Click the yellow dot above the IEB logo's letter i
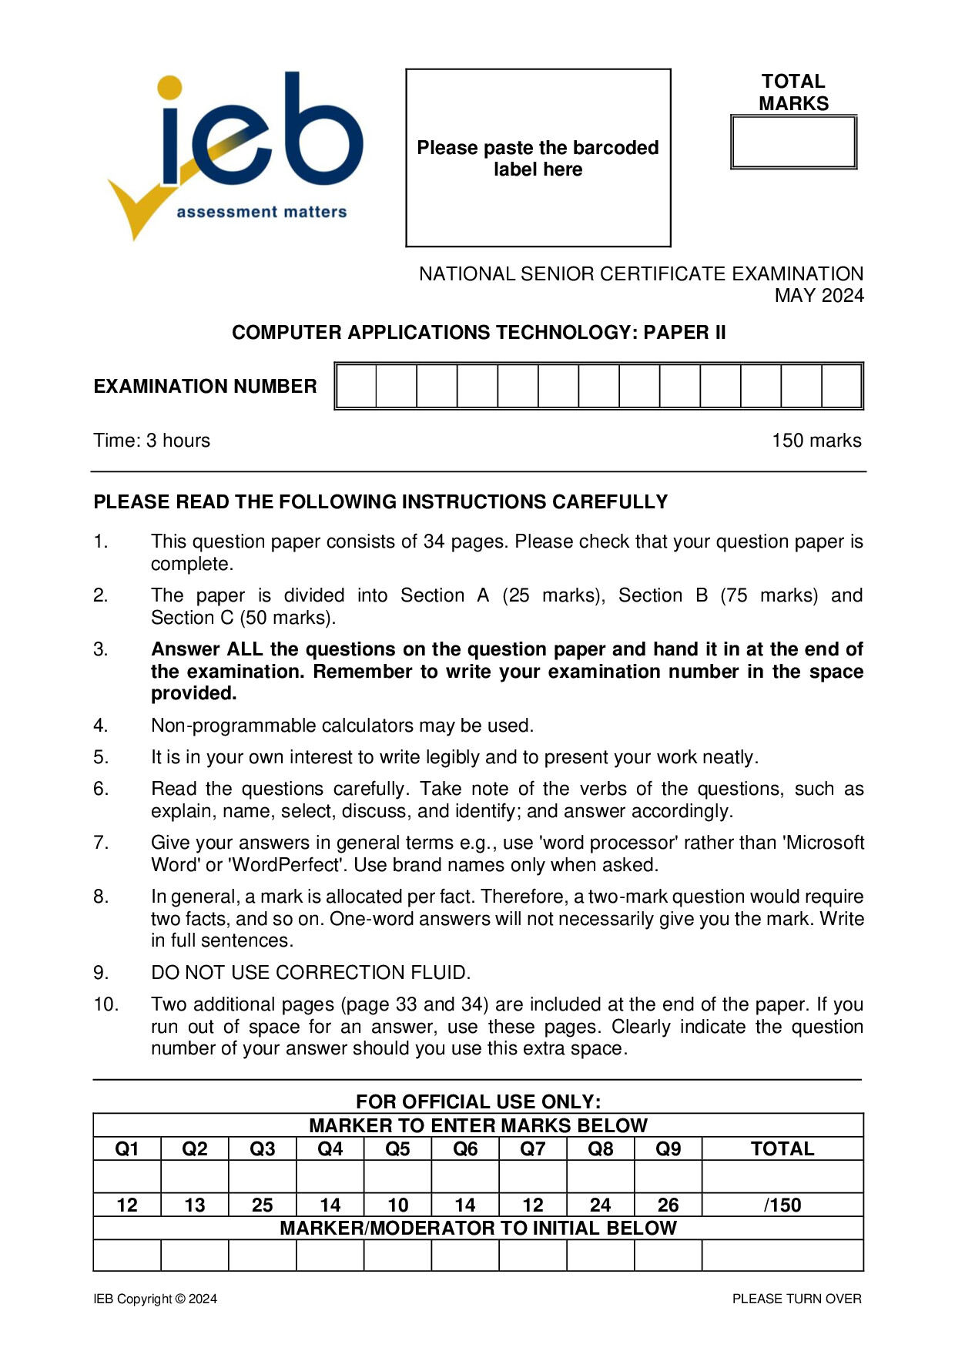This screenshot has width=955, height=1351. point(169,87)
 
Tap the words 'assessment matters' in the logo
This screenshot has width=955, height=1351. point(262,212)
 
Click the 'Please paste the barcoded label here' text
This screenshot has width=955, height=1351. point(538,159)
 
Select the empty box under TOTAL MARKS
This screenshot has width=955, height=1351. point(793,142)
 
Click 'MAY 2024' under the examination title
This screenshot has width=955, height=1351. point(819,296)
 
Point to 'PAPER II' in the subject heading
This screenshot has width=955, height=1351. point(685,332)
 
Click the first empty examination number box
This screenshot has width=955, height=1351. point(357,386)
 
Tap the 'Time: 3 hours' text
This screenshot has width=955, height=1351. point(152,441)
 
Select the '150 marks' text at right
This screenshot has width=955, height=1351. point(816,441)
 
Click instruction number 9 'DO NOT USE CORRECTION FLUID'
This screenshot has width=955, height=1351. point(310,973)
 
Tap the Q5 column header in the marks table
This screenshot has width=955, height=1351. point(397,1149)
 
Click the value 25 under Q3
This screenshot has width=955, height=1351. point(262,1205)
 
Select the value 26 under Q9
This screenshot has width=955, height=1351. point(668,1205)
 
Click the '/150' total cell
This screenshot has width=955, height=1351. point(782,1205)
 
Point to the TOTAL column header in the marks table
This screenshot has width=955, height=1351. point(782,1149)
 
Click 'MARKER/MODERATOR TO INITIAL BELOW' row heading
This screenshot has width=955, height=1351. point(477,1228)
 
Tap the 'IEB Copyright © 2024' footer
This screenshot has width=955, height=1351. point(155,1299)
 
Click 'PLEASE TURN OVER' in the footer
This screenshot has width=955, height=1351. point(796,1299)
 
